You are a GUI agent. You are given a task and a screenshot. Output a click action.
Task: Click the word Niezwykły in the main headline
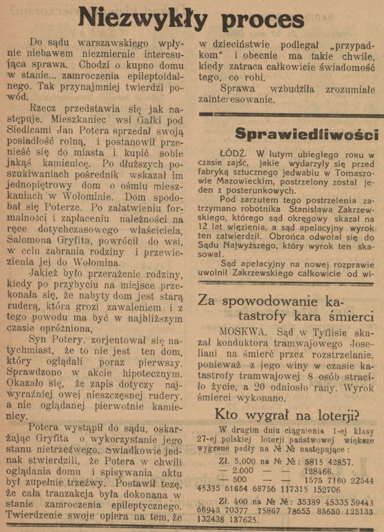click(134, 17)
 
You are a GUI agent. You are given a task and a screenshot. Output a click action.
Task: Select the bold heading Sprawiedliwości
click(307, 134)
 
